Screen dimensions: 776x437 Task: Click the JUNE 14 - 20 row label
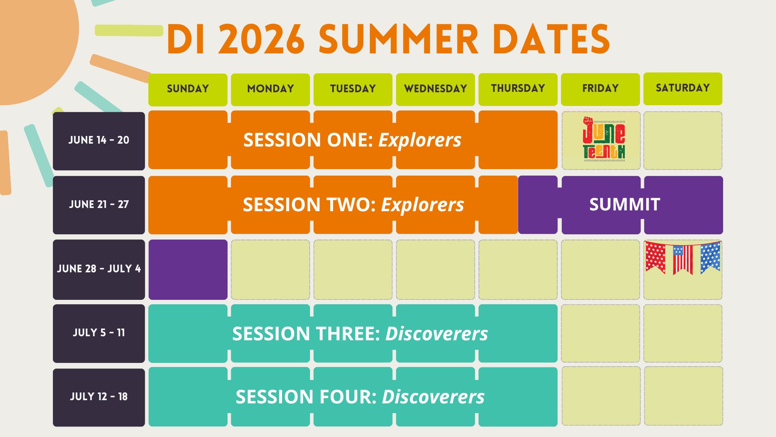click(99, 141)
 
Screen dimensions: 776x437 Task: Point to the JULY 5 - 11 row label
click(99, 333)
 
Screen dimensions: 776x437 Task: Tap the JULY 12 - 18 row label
click(99, 397)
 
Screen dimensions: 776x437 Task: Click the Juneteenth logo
click(604, 139)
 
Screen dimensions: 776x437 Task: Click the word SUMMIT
click(624, 204)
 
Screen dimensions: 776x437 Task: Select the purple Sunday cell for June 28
click(188, 269)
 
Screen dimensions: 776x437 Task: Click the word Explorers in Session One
click(420, 140)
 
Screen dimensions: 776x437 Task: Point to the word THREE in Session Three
click(348, 334)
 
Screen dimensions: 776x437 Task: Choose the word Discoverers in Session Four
click(433, 397)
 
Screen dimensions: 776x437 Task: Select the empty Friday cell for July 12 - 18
click(601, 396)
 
